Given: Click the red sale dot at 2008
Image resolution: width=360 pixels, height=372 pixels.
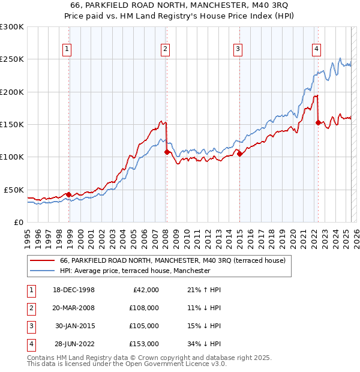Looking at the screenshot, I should click(167, 152).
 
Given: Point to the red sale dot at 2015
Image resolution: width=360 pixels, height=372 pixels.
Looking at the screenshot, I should click(239, 154).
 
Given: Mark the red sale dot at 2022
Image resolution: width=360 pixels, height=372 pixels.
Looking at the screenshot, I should click(318, 122).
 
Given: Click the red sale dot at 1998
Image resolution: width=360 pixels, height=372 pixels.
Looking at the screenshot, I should click(68, 194).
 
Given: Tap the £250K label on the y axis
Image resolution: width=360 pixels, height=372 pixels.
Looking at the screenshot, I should click(12, 59).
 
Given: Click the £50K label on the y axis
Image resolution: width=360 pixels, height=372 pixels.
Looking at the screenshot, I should click(14, 190).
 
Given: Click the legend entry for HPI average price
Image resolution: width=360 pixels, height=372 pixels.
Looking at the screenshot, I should click(135, 271).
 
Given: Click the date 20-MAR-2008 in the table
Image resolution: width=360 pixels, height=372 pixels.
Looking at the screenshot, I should click(74, 308).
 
